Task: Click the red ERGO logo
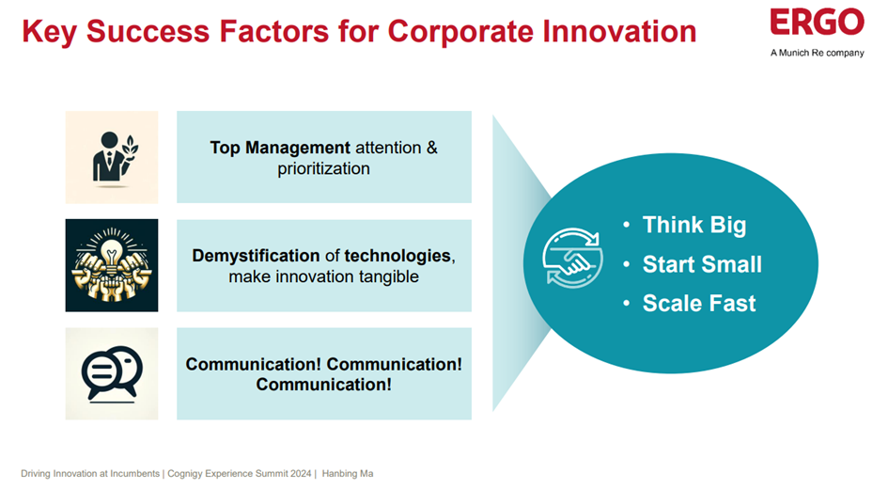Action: pos(817,22)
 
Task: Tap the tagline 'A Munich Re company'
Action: pos(817,53)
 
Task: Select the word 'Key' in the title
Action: pos(49,32)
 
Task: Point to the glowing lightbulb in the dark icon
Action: pos(112,249)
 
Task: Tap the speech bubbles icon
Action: pos(112,372)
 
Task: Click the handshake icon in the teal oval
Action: pos(572,258)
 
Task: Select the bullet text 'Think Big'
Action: pos(694,225)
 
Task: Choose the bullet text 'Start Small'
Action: pos(702,264)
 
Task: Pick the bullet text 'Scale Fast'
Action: pos(699,303)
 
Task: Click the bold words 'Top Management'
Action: pos(280,148)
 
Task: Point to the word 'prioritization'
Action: pos(323,168)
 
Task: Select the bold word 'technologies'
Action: pos(397,256)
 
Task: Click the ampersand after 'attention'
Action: pos(431,148)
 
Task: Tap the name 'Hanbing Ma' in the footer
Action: pos(347,474)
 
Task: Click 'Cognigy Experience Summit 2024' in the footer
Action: pos(239,474)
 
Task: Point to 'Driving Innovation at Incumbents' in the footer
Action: pos(90,474)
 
